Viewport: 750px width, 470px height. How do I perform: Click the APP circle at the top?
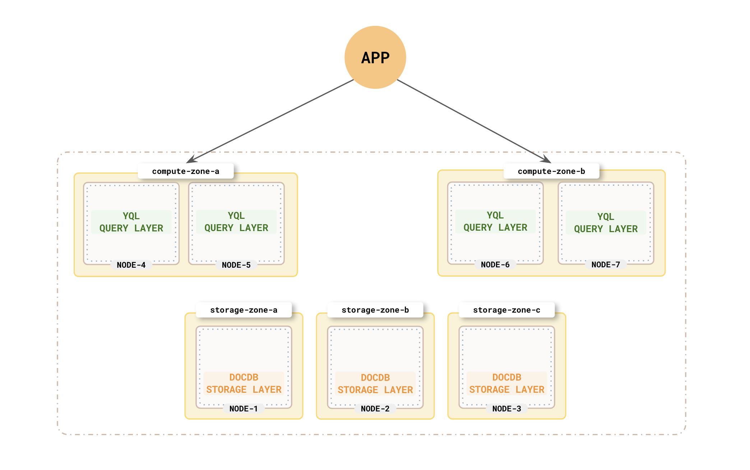[x=375, y=57]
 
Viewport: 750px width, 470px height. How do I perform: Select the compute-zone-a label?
[x=186, y=171]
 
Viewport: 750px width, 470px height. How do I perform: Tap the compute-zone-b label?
[x=551, y=171]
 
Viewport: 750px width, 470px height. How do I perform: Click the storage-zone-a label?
[x=244, y=310]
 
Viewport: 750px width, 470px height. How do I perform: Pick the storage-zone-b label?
[x=375, y=310]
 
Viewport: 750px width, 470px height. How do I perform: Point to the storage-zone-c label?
[x=506, y=310]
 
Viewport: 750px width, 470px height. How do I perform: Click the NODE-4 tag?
[x=131, y=265]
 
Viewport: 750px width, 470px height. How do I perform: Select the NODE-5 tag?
[x=236, y=265]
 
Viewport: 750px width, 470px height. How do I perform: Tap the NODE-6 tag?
[x=495, y=265]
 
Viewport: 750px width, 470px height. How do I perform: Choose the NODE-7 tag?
[x=606, y=265]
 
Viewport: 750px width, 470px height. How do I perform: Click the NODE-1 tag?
[x=244, y=409]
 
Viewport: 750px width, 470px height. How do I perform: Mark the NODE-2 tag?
[x=375, y=409]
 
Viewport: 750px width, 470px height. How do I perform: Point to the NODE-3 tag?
[x=506, y=409]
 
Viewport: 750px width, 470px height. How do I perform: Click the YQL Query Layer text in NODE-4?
[x=131, y=222]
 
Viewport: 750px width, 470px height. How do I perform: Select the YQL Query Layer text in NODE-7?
[x=606, y=223]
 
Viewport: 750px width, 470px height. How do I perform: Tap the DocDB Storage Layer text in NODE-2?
[x=375, y=384]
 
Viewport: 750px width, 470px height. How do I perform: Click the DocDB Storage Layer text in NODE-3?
[x=506, y=383]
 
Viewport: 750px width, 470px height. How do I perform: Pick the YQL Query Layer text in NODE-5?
[x=236, y=222]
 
